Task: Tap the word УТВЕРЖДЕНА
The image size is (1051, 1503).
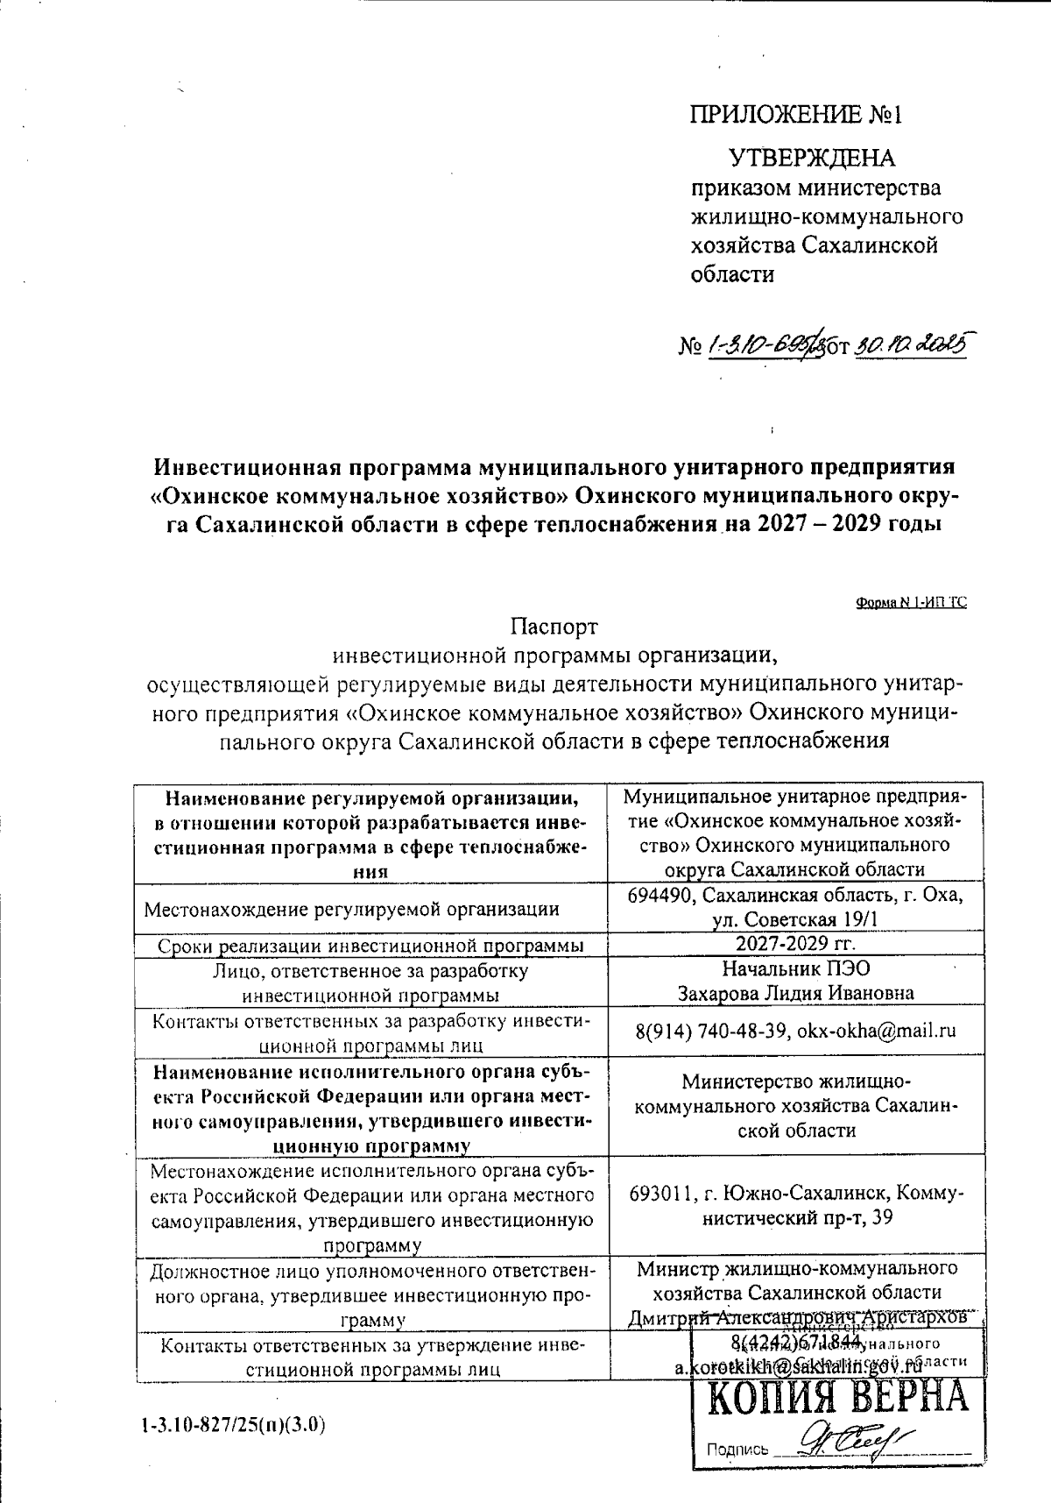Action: [x=813, y=158]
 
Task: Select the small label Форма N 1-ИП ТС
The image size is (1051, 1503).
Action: [x=911, y=603]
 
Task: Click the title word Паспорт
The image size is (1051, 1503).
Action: [x=554, y=627]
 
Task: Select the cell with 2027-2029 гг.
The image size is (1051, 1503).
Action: [x=795, y=944]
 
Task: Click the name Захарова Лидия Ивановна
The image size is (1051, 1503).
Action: [x=796, y=993]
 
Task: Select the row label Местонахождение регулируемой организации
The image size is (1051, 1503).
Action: [x=351, y=909]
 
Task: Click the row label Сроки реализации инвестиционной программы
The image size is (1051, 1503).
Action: [x=371, y=946]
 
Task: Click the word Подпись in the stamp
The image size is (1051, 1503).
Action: [x=737, y=1450]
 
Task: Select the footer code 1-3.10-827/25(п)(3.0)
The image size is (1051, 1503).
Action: [x=233, y=1425]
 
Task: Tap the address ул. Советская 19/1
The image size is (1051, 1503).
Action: [x=795, y=919]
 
